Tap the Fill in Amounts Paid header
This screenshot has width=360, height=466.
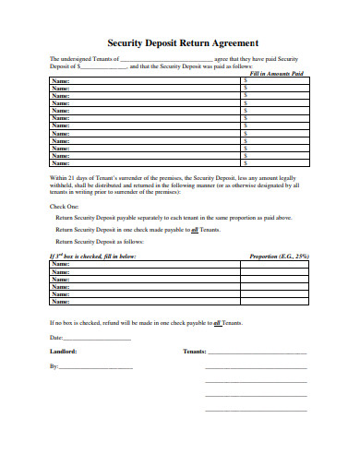pos(276,73)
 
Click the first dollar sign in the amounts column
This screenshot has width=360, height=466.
pos(245,80)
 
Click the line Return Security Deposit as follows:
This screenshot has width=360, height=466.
pos(104,240)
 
